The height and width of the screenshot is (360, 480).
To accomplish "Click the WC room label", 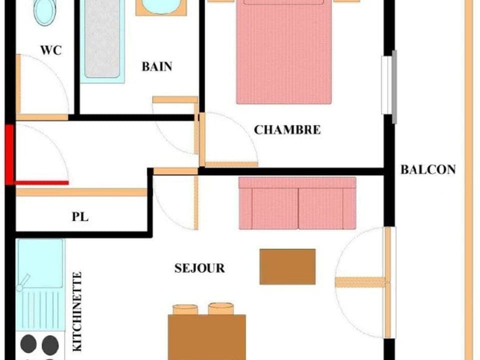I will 51,50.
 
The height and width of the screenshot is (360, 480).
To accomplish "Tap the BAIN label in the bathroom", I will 157,66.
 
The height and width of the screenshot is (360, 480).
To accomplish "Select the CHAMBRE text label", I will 287,129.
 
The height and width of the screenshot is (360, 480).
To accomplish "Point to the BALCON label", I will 428,169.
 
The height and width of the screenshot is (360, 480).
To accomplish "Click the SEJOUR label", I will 199,268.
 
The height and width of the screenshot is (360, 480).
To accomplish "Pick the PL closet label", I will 80,217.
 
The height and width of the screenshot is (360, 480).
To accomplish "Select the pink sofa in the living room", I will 297,203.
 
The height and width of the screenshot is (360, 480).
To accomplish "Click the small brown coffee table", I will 287,266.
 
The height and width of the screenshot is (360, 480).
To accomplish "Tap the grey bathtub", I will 102,40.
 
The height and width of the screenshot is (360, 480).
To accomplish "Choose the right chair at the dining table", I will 221,308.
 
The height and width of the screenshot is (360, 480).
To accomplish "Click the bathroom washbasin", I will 161,6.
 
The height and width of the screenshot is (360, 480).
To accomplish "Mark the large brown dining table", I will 207,337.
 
